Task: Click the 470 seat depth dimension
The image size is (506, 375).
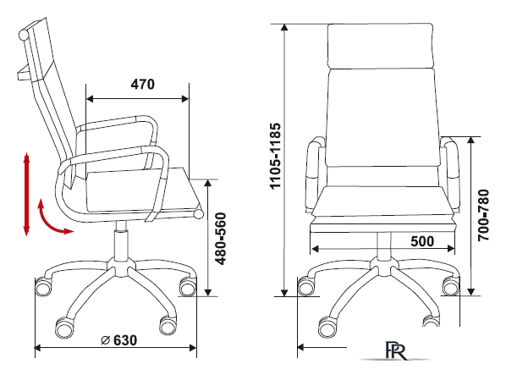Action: pos(143,85)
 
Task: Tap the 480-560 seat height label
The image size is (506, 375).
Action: pos(221,239)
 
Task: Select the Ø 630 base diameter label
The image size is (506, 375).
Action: pos(118,340)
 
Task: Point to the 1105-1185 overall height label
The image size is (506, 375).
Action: pos(275,156)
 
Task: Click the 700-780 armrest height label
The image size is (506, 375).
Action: pos(483,215)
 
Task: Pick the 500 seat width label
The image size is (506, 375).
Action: pos(422,241)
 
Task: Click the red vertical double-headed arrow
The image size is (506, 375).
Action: pos(26,194)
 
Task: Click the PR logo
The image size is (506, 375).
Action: pos(396,350)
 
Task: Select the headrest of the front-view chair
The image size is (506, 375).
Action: pos(380,46)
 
